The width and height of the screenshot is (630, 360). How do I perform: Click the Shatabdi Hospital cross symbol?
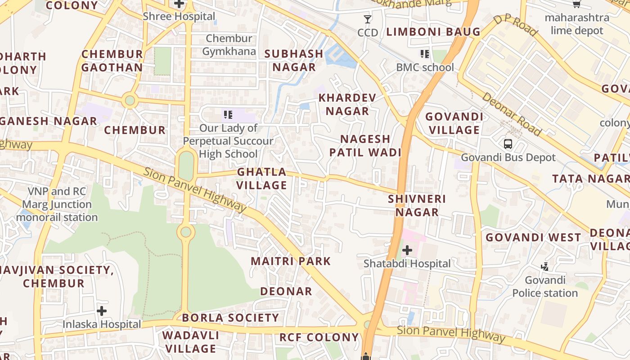point(407,250)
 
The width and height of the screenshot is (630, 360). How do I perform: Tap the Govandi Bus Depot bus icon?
point(508,144)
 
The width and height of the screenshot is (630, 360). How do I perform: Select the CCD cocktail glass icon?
point(368,19)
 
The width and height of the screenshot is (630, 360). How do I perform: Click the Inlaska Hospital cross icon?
point(102,310)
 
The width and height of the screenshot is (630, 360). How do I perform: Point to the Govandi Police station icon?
point(545,267)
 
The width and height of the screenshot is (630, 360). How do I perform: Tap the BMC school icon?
point(424,54)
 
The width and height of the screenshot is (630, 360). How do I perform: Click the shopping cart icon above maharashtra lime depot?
point(576,4)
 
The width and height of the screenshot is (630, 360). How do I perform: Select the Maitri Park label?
point(291,261)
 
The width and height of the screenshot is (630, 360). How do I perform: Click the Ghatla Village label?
point(262,178)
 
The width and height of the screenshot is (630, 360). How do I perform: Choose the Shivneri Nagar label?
point(417,205)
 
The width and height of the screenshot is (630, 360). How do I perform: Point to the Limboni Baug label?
point(433,32)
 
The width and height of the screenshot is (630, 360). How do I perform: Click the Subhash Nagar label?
point(293,60)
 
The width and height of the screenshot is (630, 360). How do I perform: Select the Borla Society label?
point(230,318)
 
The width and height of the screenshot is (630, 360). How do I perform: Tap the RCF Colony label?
point(319,337)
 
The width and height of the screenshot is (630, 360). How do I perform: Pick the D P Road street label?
point(515,26)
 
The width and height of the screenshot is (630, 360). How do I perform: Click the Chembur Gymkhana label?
point(229,45)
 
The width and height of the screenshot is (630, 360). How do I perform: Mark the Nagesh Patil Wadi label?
point(365,145)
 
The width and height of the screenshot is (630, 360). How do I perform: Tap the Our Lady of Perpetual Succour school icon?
point(228,115)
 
